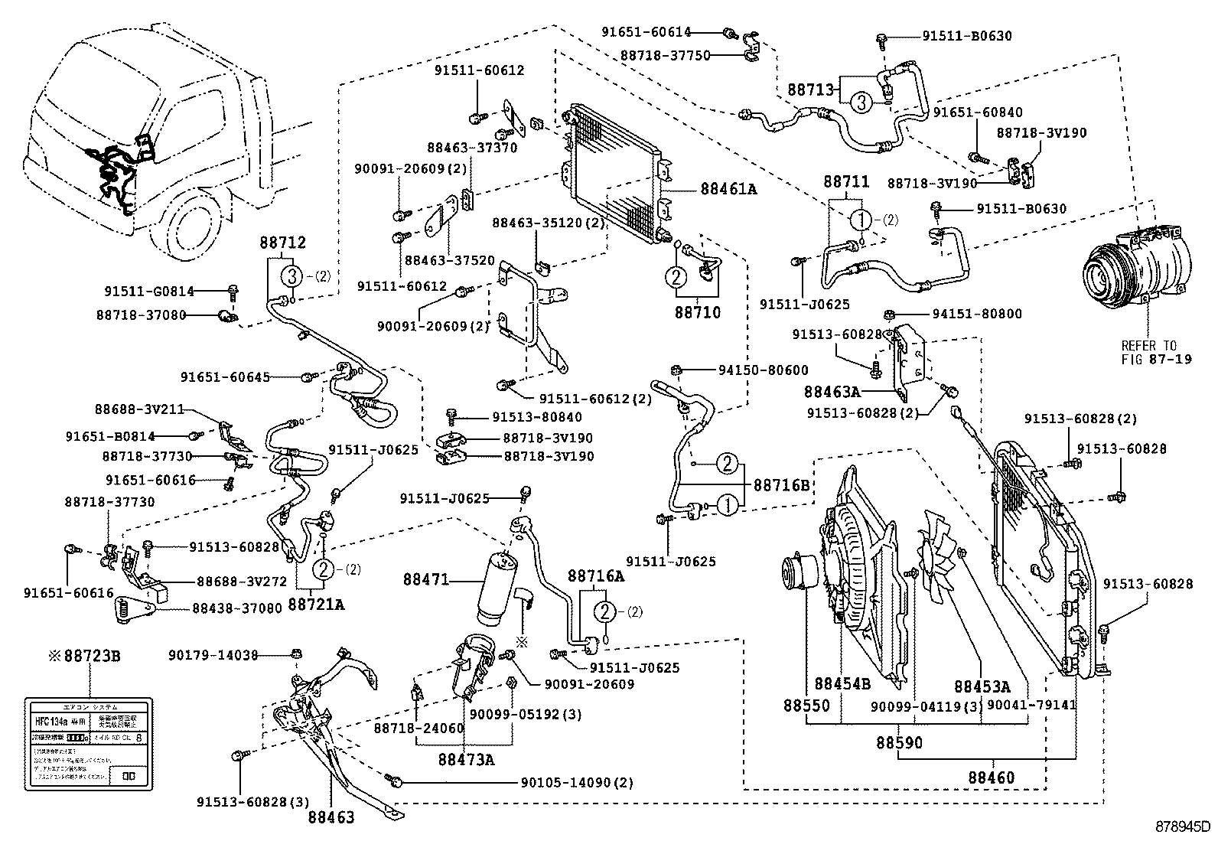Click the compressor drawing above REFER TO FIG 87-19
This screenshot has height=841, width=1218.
pyautogui.click(x=1136, y=264)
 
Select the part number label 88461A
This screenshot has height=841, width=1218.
pyautogui.click(x=728, y=189)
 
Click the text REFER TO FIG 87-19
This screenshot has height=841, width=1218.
pyautogui.click(x=1156, y=352)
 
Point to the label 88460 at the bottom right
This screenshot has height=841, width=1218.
pyautogui.click(x=992, y=777)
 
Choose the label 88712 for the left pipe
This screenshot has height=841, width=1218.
pyautogui.click(x=284, y=243)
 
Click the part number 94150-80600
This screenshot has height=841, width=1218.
pyautogui.click(x=763, y=370)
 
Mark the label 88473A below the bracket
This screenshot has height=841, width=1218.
pyautogui.click(x=466, y=759)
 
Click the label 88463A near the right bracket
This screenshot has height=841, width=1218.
pyautogui.click(x=832, y=392)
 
